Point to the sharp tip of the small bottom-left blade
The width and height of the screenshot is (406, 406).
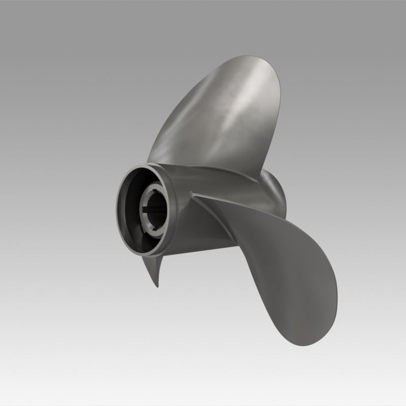click(x=157, y=286)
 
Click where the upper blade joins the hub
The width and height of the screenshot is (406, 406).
click(x=203, y=167)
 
